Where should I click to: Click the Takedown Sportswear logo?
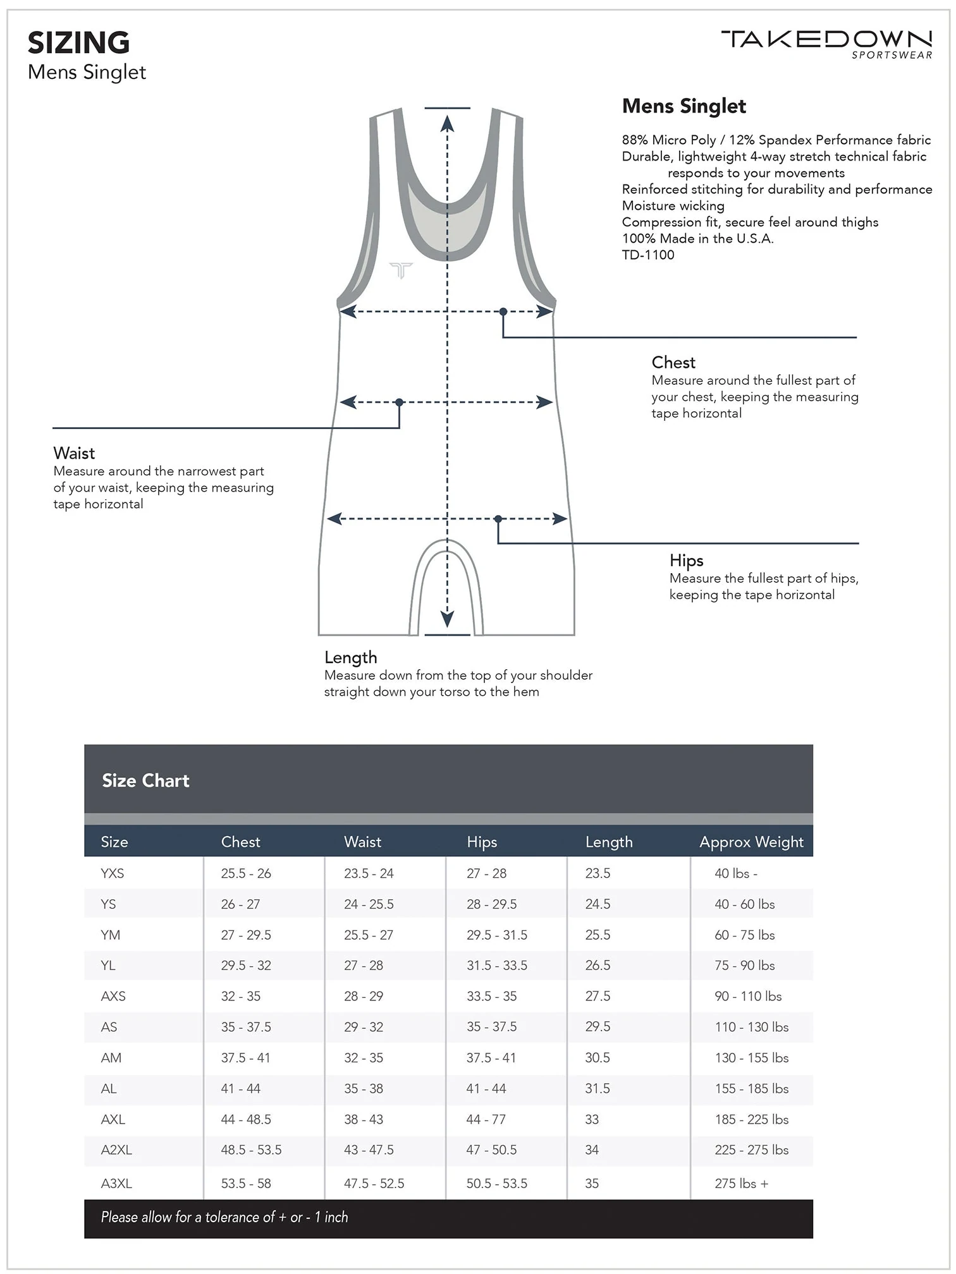(826, 44)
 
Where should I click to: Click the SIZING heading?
(78, 43)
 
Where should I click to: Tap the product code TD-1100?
(648, 255)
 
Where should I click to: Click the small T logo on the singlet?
(401, 270)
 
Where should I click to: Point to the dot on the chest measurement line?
(503, 312)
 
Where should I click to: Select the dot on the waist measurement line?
(399, 403)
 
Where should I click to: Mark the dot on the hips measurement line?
(498, 519)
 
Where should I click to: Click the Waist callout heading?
(74, 453)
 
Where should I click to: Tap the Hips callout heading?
(686, 561)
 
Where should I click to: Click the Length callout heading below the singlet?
(350, 657)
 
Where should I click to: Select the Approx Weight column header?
(751, 842)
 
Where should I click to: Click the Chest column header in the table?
(240, 842)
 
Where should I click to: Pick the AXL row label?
(113, 1119)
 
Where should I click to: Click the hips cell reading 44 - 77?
(486, 1119)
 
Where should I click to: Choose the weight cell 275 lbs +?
(741, 1183)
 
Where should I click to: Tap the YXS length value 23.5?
(597, 873)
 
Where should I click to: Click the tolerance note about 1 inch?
(224, 1217)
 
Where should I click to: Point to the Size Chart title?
(145, 780)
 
